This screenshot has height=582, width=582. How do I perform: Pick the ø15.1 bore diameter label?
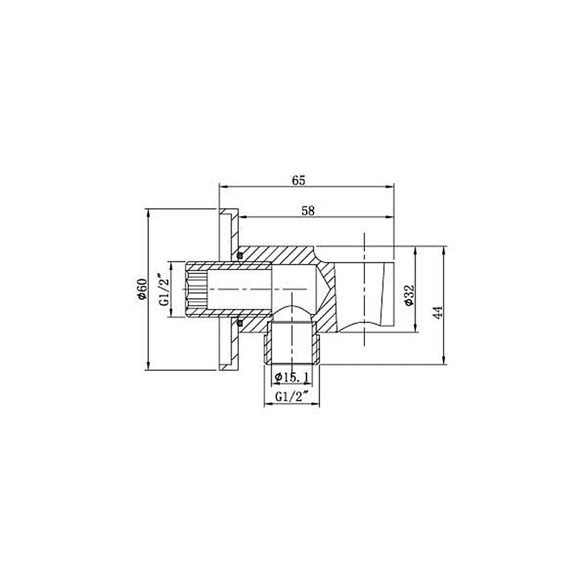[290, 378]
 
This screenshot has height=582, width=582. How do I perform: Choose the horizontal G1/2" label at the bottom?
[292, 397]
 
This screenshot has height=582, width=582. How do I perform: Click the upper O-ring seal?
[239, 255]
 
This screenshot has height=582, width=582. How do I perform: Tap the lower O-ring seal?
[239, 322]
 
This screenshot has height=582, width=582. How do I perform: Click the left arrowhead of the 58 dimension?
[243, 218]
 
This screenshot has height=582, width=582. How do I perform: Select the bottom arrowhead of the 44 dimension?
[445, 361]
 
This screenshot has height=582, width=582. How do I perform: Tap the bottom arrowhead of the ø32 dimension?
[415, 329]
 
